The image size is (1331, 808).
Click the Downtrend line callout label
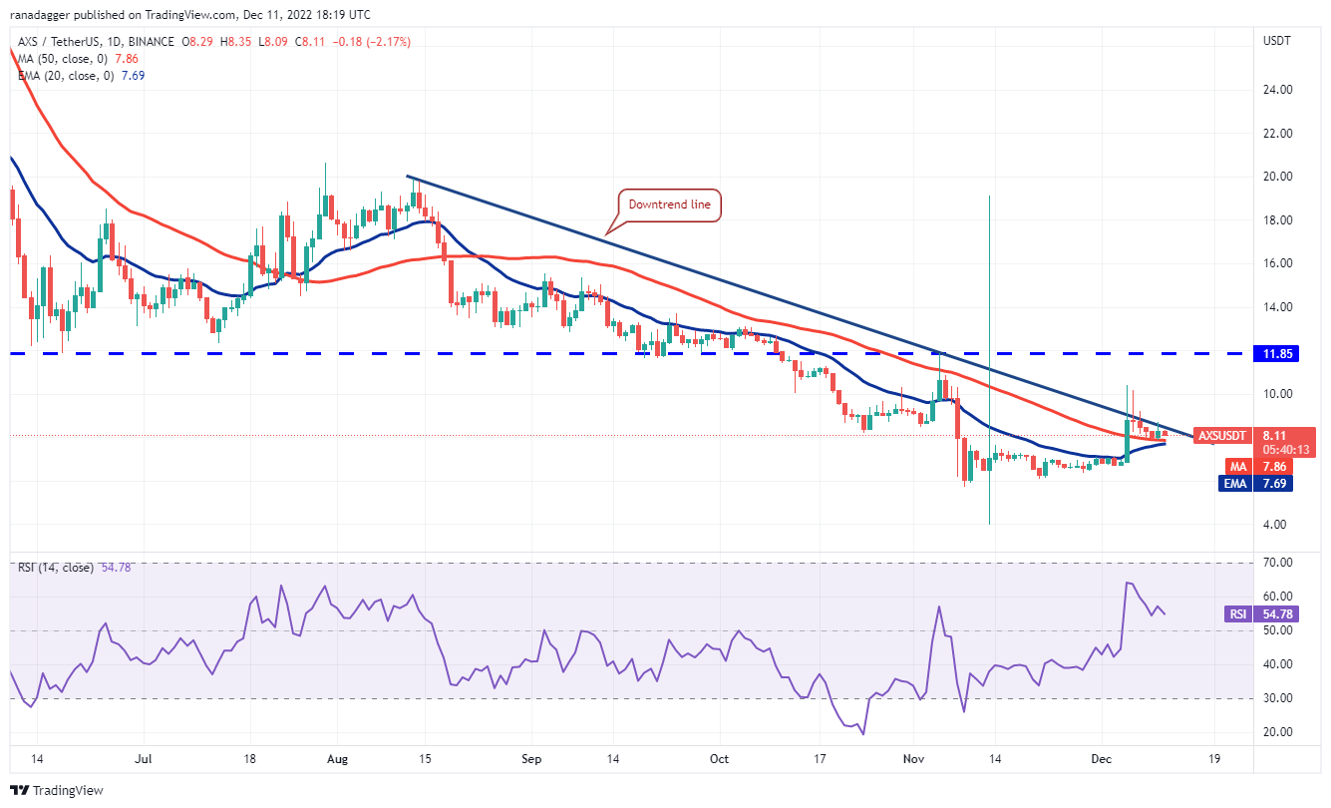tap(669, 205)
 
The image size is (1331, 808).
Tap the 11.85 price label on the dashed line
tap(1279, 353)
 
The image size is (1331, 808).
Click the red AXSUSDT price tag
tap(1221, 436)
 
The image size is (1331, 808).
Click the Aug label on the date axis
tap(337, 759)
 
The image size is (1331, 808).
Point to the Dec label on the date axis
tap(1102, 759)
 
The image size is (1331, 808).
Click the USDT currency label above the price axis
tap(1277, 42)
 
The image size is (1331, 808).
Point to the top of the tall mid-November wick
tap(989, 196)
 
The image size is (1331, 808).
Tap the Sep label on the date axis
tap(531, 759)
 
